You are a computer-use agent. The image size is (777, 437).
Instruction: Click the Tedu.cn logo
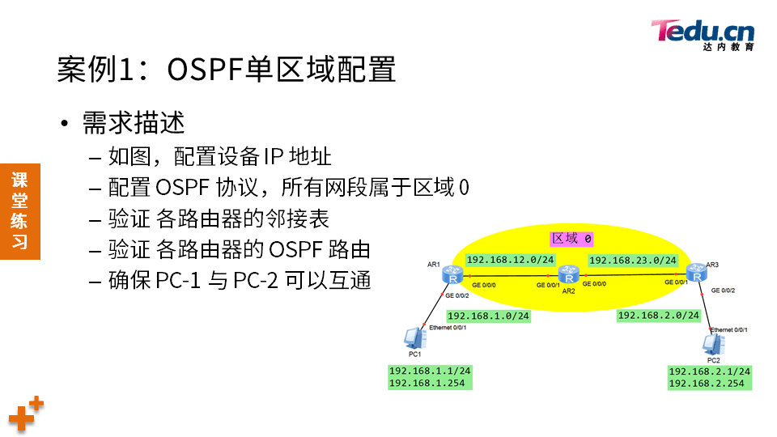[x=703, y=35]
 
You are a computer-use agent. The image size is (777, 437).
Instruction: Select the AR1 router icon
[x=452, y=274]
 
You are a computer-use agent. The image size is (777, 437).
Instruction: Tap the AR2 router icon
[x=568, y=274]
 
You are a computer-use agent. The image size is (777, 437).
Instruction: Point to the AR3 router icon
[x=697, y=273]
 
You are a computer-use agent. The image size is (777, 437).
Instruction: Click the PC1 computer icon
[x=414, y=338]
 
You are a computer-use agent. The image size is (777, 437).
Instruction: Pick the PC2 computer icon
[x=714, y=345]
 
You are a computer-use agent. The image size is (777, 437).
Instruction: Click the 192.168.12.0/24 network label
[x=510, y=260]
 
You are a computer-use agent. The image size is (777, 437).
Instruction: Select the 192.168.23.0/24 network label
[x=633, y=260]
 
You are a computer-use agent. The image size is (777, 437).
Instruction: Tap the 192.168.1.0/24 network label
[x=489, y=316]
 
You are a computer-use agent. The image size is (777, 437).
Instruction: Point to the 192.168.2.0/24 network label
[x=659, y=316]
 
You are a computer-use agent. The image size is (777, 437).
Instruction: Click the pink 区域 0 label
[x=572, y=239]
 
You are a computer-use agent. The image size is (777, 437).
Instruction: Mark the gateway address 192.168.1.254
[x=427, y=383]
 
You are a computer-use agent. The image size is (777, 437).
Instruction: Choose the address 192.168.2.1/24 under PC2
[x=710, y=371]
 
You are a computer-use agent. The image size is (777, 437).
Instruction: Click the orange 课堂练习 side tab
[x=19, y=211]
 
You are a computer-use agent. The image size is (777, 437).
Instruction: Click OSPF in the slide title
[x=205, y=69]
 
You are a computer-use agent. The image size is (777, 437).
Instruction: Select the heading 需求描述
[x=134, y=123]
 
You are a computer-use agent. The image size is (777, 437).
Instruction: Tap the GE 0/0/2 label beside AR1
[x=456, y=296]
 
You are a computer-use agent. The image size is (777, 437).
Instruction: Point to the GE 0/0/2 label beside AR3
[x=723, y=291]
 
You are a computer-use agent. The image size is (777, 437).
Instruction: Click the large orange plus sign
[x=21, y=418]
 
